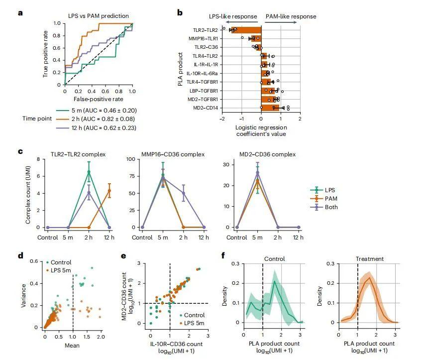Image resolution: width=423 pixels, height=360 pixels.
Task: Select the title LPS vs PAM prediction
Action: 99,16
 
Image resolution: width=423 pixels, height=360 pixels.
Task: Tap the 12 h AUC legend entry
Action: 99,127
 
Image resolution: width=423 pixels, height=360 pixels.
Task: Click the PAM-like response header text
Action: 291,16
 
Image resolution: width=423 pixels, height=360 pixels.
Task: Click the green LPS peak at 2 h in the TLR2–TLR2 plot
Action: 89,172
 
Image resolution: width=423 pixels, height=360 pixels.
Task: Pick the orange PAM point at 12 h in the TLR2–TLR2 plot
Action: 109,190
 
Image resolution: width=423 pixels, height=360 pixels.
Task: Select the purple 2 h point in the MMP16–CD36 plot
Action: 183,193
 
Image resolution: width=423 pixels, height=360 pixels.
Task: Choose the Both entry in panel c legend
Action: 331,207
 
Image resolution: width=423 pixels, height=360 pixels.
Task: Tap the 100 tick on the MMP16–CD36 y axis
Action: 133,159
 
